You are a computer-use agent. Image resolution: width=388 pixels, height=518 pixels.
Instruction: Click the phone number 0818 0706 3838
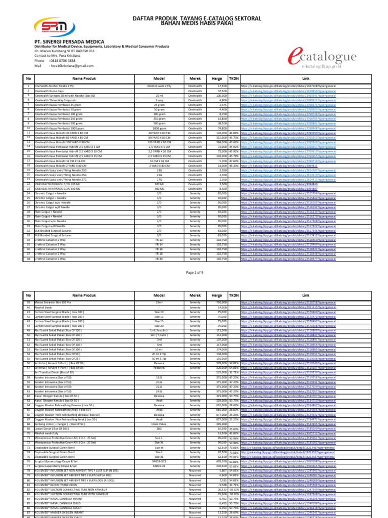pos(66,60)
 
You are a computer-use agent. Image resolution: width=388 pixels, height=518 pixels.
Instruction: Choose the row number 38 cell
pos(29,258)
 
